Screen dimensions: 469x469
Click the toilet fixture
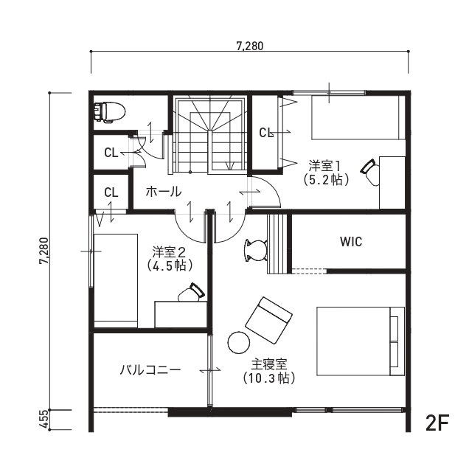(109, 112)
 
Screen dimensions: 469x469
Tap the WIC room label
(351, 242)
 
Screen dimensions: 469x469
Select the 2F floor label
(437, 423)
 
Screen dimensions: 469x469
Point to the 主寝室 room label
(269, 364)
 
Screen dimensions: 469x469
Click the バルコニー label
(150, 370)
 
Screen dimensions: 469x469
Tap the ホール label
(164, 192)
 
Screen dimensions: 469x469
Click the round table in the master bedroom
(239, 343)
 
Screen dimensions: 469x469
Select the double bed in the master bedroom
(361, 341)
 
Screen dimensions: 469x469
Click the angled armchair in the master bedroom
(268, 320)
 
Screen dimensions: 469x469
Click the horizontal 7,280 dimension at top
(250, 46)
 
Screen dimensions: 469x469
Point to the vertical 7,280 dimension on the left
(44, 251)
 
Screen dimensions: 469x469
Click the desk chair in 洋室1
(369, 173)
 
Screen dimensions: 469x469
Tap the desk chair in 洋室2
(192, 293)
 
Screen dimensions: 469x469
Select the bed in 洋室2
(116, 281)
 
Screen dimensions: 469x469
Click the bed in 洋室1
(358, 117)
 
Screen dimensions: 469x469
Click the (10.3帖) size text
(269, 378)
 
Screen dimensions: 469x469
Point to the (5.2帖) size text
(327, 180)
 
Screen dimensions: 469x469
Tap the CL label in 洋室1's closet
(266, 133)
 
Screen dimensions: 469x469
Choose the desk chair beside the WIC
(256, 250)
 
